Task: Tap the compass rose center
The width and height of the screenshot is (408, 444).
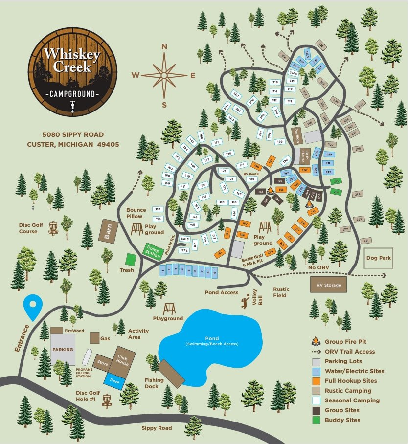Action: pyautogui.click(x=164, y=75)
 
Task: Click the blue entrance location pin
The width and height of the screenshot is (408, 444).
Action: pyautogui.click(x=33, y=307)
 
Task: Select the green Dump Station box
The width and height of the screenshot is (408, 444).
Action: pyautogui.click(x=153, y=251)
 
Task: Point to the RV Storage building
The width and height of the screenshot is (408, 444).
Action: pyautogui.click(x=328, y=284)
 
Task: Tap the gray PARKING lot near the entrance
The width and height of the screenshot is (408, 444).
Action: pyautogui.click(x=63, y=349)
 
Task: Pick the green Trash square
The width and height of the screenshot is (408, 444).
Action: pyautogui.click(x=130, y=259)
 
